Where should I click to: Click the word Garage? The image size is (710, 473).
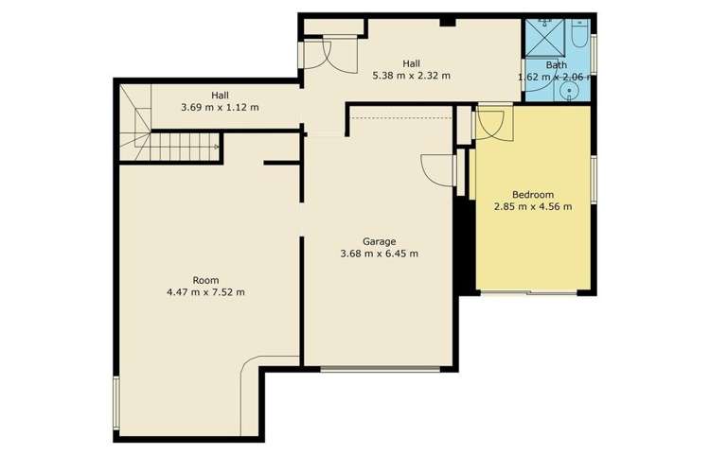tap(379, 240)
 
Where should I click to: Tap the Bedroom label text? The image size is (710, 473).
tap(533, 194)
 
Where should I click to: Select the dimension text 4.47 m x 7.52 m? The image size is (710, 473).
tap(205, 292)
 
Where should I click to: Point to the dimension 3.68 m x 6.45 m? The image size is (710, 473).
tap(379, 254)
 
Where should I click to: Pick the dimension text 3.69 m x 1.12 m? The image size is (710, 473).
tap(220, 107)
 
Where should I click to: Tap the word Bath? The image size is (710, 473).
tap(557, 65)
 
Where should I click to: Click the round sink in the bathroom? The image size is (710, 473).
tap(568, 92)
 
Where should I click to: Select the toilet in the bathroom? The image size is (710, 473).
tap(578, 37)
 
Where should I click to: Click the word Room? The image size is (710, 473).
tap(205, 280)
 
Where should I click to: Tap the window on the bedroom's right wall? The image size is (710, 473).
tap(594, 178)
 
